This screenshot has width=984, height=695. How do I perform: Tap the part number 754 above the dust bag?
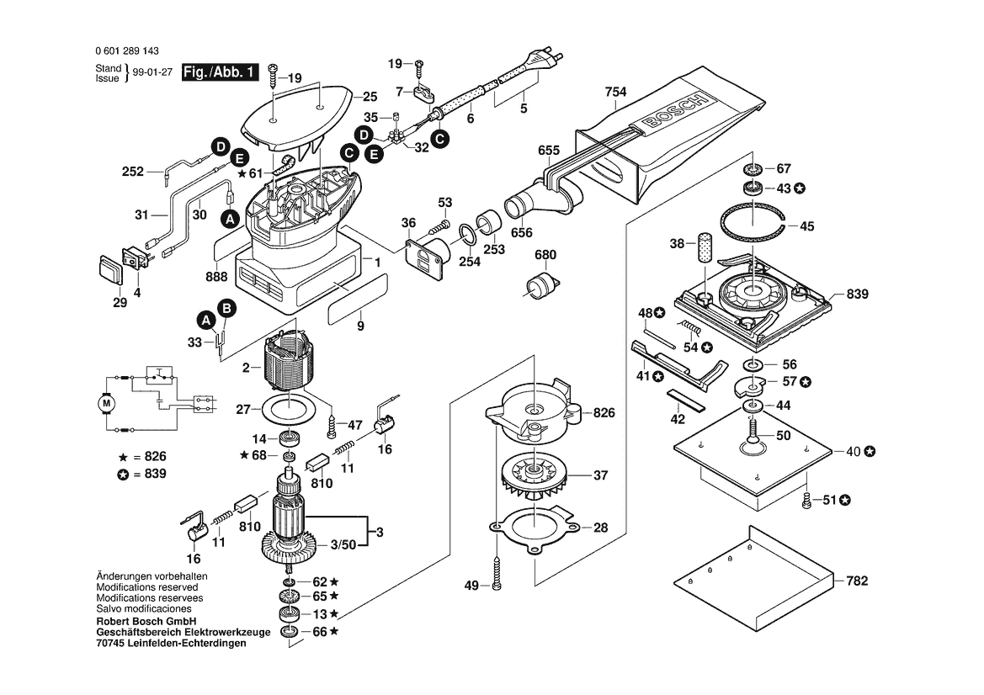point(615,93)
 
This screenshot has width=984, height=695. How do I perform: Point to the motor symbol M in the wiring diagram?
point(107,404)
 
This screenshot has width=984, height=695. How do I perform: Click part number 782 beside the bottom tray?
point(857,581)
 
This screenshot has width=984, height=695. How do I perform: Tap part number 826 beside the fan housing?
point(604,412)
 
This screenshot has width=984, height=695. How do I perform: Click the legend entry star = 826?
point(143,456)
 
